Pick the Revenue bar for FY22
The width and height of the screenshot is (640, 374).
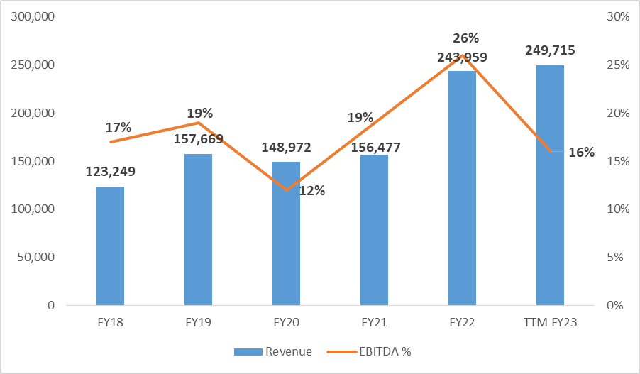462,188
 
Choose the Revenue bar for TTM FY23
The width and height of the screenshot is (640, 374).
550,185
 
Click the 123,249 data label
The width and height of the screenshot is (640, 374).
110,171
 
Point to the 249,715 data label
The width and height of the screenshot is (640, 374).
550,50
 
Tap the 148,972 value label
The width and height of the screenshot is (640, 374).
286,148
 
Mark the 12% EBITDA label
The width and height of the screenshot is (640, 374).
311,190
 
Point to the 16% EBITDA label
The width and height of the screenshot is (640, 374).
582,152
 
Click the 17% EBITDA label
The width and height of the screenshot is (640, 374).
118,128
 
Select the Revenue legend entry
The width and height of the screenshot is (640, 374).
272,351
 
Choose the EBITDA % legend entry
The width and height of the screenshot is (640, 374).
368,351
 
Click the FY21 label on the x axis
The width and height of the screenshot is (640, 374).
374,323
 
